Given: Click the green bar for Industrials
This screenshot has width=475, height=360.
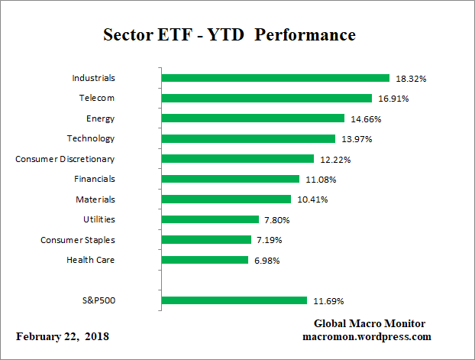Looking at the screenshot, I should point(276,78).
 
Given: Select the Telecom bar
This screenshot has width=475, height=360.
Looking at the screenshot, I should point(267,98).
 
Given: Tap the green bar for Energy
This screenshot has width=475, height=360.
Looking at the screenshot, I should point(253,118).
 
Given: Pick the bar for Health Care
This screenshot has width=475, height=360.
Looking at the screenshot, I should point(205,260).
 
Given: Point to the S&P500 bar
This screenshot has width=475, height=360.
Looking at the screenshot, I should point(234,300).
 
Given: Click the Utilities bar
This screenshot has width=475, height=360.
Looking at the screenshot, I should point(210,219).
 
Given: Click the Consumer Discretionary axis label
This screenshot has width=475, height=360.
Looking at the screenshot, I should point(65,159).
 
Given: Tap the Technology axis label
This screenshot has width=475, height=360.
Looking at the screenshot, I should point(90,138).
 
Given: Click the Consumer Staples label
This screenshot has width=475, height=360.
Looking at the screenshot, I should point(78,240).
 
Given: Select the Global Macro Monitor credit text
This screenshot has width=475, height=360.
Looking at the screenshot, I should point(370,323).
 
